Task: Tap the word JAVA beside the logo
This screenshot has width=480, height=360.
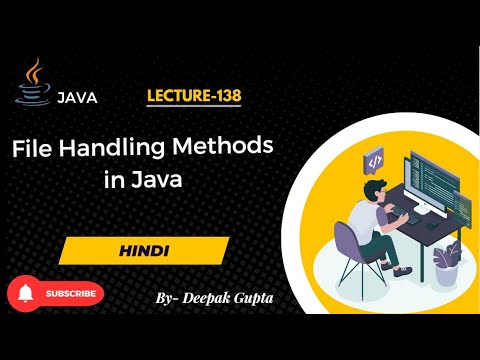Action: (x=77, y=98)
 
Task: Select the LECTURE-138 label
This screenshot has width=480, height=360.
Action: (x=194, y=97)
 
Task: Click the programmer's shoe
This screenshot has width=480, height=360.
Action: (x=400, y=269)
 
